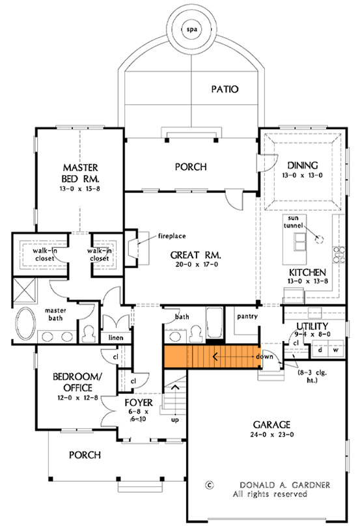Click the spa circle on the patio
tap(191, 30)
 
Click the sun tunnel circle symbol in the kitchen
tap(319, 239)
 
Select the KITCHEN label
tap(305, 271)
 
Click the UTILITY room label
tap(312, 325)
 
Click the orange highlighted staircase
tap(212, 357)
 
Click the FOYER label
tap(137, 402)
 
